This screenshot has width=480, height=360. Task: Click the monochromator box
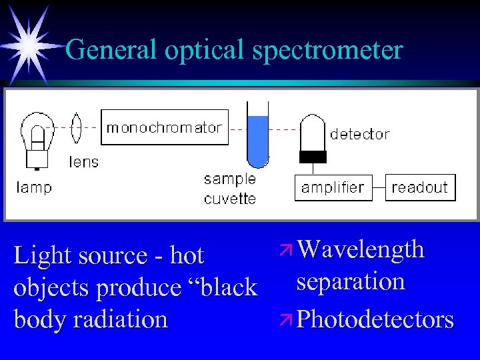tap(164, 127)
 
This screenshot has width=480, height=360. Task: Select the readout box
tap(420, 187)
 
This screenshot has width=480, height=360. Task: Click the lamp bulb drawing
tap(37, 137)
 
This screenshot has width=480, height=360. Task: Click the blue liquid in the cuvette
tap(258, 140)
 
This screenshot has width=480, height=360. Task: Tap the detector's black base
tap(313, 157)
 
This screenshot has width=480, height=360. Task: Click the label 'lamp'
tap(34, 187)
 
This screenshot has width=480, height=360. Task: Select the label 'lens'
tap(83, 161)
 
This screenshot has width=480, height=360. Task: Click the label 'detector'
tap(360, 134)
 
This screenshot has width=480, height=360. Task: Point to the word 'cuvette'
tap(230, 199)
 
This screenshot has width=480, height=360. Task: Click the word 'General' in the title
tap(111, 49)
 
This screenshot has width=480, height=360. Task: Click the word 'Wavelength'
tap(361, 249)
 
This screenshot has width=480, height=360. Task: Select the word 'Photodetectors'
tap(375, 319)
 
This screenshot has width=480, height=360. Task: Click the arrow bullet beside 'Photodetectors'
tap(287, 319)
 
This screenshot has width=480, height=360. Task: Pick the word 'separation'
tap(351, 281)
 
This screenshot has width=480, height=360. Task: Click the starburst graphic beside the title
tap(30, 45)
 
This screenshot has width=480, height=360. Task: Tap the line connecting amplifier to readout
tap(377, 187)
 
